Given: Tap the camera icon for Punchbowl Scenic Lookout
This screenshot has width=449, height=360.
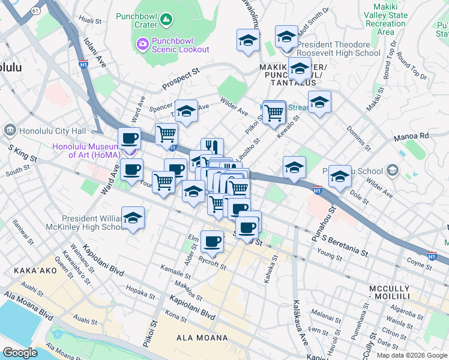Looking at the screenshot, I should point(142,43).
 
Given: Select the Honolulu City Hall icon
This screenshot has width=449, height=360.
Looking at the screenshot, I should point(10,130).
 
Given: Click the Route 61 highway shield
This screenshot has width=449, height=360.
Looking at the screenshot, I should point(36,11).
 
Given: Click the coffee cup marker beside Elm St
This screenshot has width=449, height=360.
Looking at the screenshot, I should point(212,241).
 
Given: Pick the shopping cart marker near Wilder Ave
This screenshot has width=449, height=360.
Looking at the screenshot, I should point(274,111).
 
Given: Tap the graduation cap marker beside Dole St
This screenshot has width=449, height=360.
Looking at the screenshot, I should point(340,176).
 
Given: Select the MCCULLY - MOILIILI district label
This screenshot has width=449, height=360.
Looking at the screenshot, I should point(397,293).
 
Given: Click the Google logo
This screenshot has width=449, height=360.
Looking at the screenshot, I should point(20,352).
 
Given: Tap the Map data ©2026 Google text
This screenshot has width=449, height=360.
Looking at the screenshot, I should point(411,355).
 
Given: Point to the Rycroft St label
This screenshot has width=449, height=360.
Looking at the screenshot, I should point(212,264).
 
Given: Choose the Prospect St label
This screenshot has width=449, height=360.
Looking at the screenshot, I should point(180,79).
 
